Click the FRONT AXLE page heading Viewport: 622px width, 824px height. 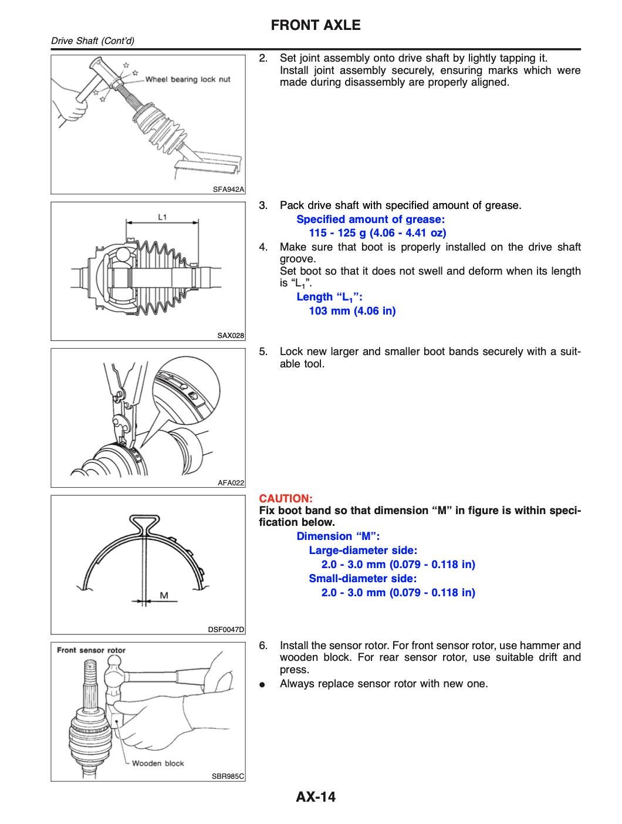(316, 25)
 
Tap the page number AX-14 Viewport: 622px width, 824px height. (316, 796)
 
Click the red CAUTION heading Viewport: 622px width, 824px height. (286, 498)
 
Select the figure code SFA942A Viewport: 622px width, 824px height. (228, 189)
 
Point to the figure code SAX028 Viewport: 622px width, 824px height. (231, 336)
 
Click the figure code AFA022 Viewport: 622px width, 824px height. (231, 482)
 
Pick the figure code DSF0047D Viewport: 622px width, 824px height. (226, 629)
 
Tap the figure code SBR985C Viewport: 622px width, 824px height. (228, 776)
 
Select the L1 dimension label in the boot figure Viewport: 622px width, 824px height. (163, 217)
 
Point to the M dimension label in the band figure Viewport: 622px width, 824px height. (164, 595)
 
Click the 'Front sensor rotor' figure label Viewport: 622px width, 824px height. (91, 650)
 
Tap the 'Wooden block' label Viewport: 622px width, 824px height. (158, 763)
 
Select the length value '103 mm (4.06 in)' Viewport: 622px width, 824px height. (352, 310)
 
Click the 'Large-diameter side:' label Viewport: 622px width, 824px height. (363, 550)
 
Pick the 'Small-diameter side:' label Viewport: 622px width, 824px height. (363, 578)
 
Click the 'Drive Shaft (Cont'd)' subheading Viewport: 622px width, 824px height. (93, 41)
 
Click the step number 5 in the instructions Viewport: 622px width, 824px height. (263, 352)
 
